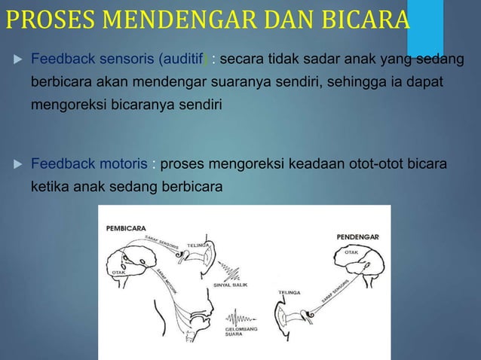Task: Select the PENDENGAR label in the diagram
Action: [357, 238]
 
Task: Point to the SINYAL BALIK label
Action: [230, 285]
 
